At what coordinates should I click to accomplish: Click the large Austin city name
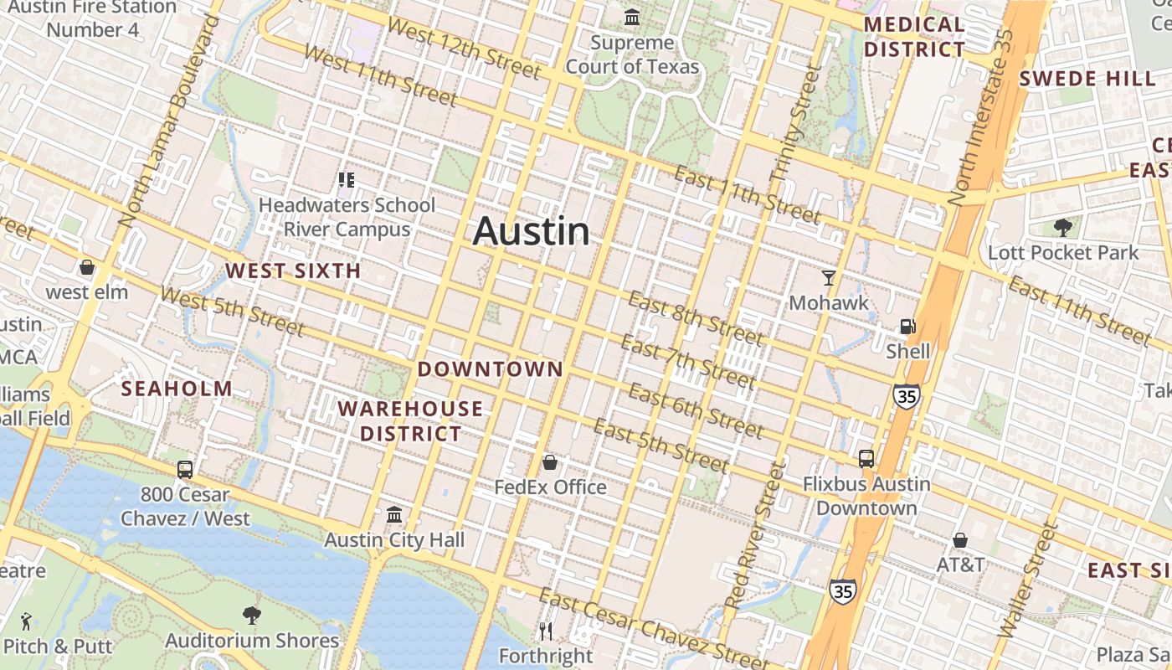point(531,232)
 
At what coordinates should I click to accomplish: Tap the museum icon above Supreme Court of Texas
point(632,17)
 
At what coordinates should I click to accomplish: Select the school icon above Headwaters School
point(346,180)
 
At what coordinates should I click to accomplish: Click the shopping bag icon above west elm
point(86,268)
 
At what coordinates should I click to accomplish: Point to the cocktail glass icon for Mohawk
point(829,278)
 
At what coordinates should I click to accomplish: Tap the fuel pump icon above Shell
point(907,327)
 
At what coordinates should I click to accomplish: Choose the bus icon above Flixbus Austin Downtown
point(866,459)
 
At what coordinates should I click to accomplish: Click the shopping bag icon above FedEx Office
point(550,462)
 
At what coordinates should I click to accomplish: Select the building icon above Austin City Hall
point(394,515)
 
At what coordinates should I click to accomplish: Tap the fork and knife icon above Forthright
point(546,630)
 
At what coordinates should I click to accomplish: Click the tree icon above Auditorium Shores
point(251,616)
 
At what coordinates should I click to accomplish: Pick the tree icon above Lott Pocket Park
point(1063,228)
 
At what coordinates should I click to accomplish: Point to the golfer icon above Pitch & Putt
point(25,621)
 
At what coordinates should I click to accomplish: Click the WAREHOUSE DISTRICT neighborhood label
point(410,421)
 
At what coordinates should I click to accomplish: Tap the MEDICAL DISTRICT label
point(914,37)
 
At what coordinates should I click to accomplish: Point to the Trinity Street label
point(794,126)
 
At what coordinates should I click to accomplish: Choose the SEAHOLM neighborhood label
point(177,389)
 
